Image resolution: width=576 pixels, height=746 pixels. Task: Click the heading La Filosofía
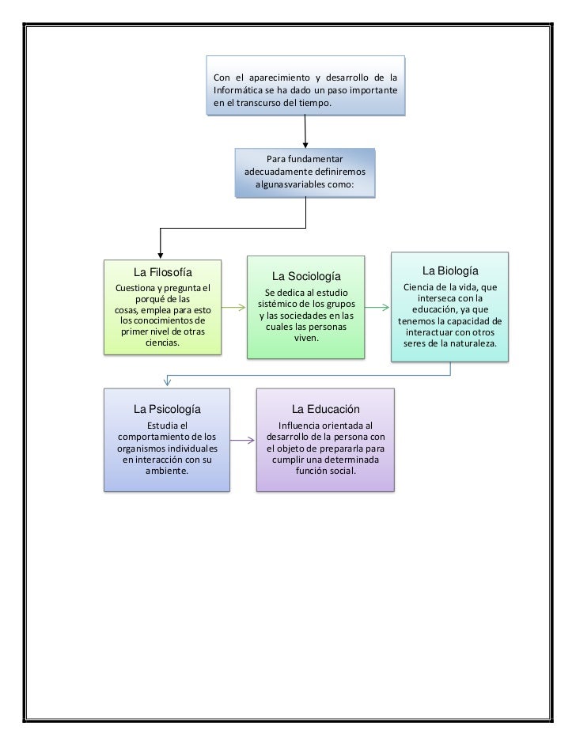(163, 272)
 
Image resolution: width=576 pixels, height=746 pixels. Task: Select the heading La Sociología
(306, 276)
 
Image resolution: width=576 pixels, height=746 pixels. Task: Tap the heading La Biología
(450, 271)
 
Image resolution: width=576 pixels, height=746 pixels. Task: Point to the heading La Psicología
(167, 409)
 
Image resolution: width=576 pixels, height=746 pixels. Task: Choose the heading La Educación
(326, 409)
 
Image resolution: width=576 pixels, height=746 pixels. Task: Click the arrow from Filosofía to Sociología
(233, 308)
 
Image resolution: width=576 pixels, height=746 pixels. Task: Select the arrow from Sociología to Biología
(377, 308)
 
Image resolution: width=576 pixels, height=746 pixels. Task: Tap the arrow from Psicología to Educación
(243, 441)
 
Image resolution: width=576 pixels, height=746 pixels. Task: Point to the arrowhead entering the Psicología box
(167, 381)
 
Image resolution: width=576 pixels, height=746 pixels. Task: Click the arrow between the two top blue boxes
(305, 132)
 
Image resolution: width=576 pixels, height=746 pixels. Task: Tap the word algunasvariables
(290, 184)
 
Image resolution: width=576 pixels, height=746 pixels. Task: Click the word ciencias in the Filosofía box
(163, 343)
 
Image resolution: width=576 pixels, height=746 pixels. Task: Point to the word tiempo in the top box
(314, 103)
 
